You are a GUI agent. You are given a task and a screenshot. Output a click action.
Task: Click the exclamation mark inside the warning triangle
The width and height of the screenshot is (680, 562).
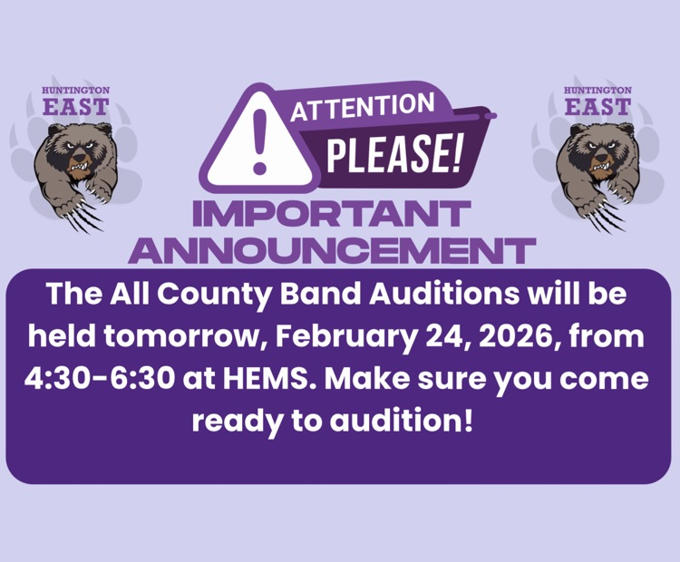pyautogui.click(x=260, y=140)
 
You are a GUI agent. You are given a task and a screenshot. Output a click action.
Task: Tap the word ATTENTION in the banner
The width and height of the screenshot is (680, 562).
pyautogui.click(x=363, y=107)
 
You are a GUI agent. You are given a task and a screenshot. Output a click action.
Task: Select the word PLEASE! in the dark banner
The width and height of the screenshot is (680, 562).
pyautogui.click(x=393, y=153)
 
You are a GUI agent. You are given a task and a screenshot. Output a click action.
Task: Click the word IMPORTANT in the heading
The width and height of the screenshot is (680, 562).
pyautogui.click(x=331, y=214)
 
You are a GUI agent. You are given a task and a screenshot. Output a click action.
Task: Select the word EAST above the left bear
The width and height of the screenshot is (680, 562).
pyautogui.click(x=76, y=107)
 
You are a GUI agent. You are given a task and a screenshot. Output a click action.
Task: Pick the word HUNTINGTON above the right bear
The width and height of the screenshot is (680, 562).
pyautogui.click(x=597, y=91)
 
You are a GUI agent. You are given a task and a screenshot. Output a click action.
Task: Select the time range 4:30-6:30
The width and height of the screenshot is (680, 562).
pyautogui.click(x=100, y=379)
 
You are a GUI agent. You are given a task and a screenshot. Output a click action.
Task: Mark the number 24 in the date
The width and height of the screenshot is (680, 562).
pyautogui.click(x=443, y=336)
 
